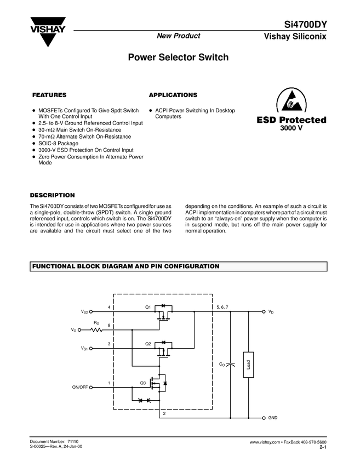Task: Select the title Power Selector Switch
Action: coord(178,57)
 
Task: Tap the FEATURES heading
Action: coord(49,95)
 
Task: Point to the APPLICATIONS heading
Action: coord(173,95)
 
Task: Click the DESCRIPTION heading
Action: coord(52,195)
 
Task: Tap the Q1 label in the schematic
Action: coord(148,307)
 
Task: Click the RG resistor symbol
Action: coord(97,330)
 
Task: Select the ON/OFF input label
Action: coord(79,387)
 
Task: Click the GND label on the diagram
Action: coord(273,418)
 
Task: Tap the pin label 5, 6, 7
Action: coord(222,307)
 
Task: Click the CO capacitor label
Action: coord(222,364)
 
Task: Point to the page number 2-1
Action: coord(323,448)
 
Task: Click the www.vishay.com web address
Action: coord(265,442)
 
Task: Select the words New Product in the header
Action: coord(179,36)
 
